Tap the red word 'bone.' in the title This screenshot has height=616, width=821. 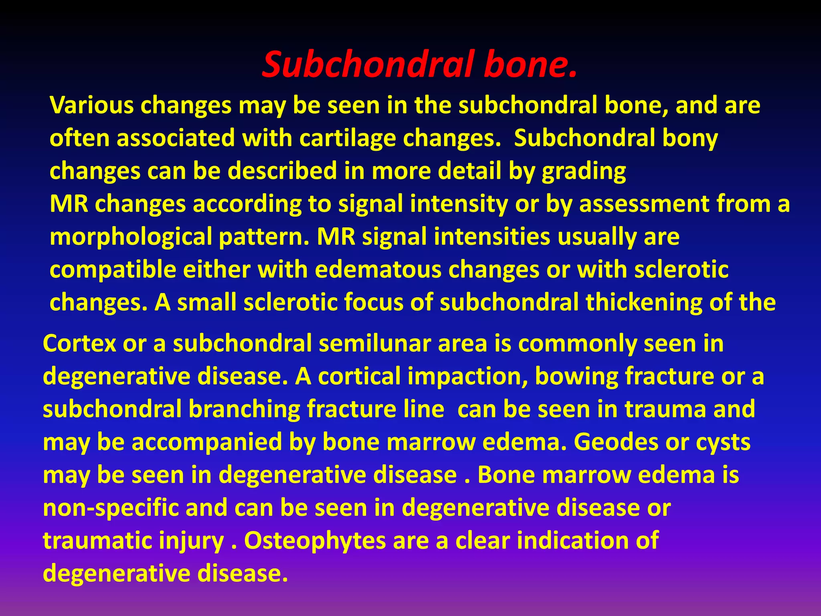530,64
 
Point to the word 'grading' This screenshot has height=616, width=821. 584,172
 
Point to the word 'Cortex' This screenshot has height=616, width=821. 79,344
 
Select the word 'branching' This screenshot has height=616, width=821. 244,409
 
